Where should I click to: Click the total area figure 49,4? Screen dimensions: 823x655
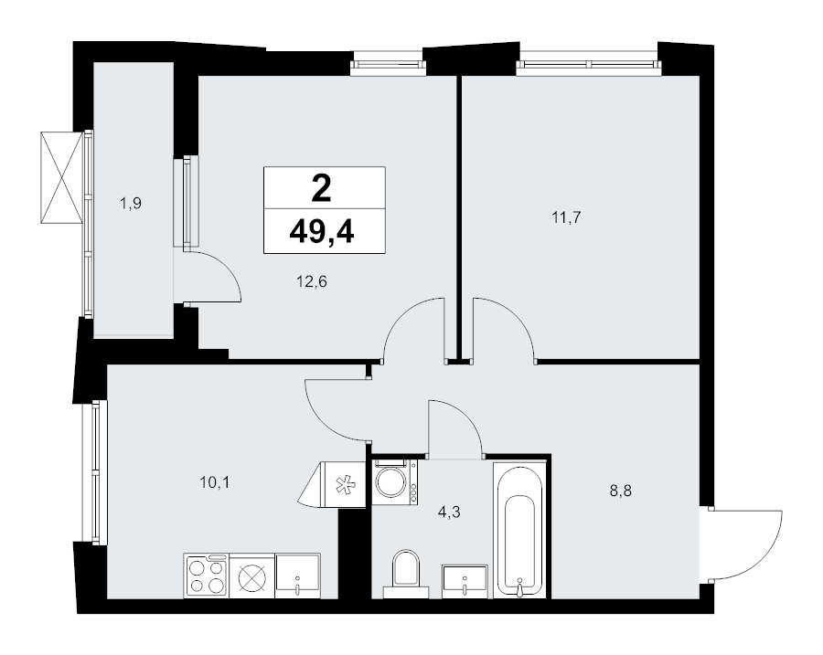pyautogui.click(x=322, y=231)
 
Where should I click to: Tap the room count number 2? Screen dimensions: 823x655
pyautogui.click(x=321, y=189)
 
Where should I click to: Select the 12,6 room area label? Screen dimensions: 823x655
pyautogui.click(x=312, y=282)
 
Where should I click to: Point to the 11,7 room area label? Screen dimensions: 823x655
pyautogui.click(x=566, y=217)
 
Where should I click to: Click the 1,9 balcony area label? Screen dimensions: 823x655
pyautogui.click(x=131, y=203)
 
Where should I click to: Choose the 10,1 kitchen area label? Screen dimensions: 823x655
pyautogui.click(x=215, y=482)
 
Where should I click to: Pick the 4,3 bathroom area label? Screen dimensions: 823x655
pyautogui.click(x=449, y=512)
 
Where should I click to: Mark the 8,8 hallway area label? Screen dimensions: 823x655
pyautogui.click(x=620, y=491)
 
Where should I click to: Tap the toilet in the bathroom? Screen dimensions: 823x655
pyautogui.click(x=406, y=574)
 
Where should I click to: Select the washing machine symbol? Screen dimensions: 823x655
pyautogui.click(x=395, y=482)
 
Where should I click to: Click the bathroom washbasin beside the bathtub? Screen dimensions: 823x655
pyautogui.click(x=465, y=581)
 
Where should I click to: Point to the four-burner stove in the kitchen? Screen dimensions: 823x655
pyautogui.click(x=207, y=576)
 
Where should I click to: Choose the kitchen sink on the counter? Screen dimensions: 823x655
pyautogui.click(x=297, y=576)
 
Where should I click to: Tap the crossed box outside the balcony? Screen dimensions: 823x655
pyautogui.click(x=62, y=177)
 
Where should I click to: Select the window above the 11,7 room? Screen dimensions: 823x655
pyautogui.click(x=588, y=65)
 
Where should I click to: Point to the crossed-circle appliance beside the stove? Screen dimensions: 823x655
pyautogui.click(x=252, y=576)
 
